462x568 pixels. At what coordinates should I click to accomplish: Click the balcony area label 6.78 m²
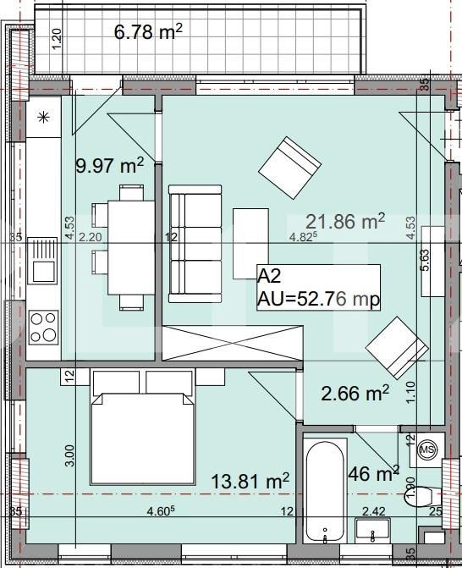pyautogui.click(x=148, y=33)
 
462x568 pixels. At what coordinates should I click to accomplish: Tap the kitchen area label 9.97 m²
pyautogui.click(x=109, y=165)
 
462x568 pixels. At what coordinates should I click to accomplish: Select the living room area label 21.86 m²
pyautogui.click(x=345, y=222)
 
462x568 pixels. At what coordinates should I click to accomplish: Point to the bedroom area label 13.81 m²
pyautogui.click(x=250, y=481)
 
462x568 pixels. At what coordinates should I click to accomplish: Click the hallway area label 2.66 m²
pyautogui.click(x=355, y=393)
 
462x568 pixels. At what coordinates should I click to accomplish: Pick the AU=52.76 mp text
pyautogui.click(x=318, y=299)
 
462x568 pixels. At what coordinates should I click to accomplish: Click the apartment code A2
pyautogui.click(x=268, y=274)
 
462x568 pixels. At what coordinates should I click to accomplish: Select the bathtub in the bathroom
pyautogui.click(x=325, y=491)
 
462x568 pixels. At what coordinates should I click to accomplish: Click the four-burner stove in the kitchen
pyautogui.click(x=43, y=327)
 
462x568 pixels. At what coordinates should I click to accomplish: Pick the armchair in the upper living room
pyautogui.click(x=289, y=165)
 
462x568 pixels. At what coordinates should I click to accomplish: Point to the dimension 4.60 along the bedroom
pyautogui.click(x=161, y=511)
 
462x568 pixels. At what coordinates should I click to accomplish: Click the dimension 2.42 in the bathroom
pyautogui.click(x=373, y=511)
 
